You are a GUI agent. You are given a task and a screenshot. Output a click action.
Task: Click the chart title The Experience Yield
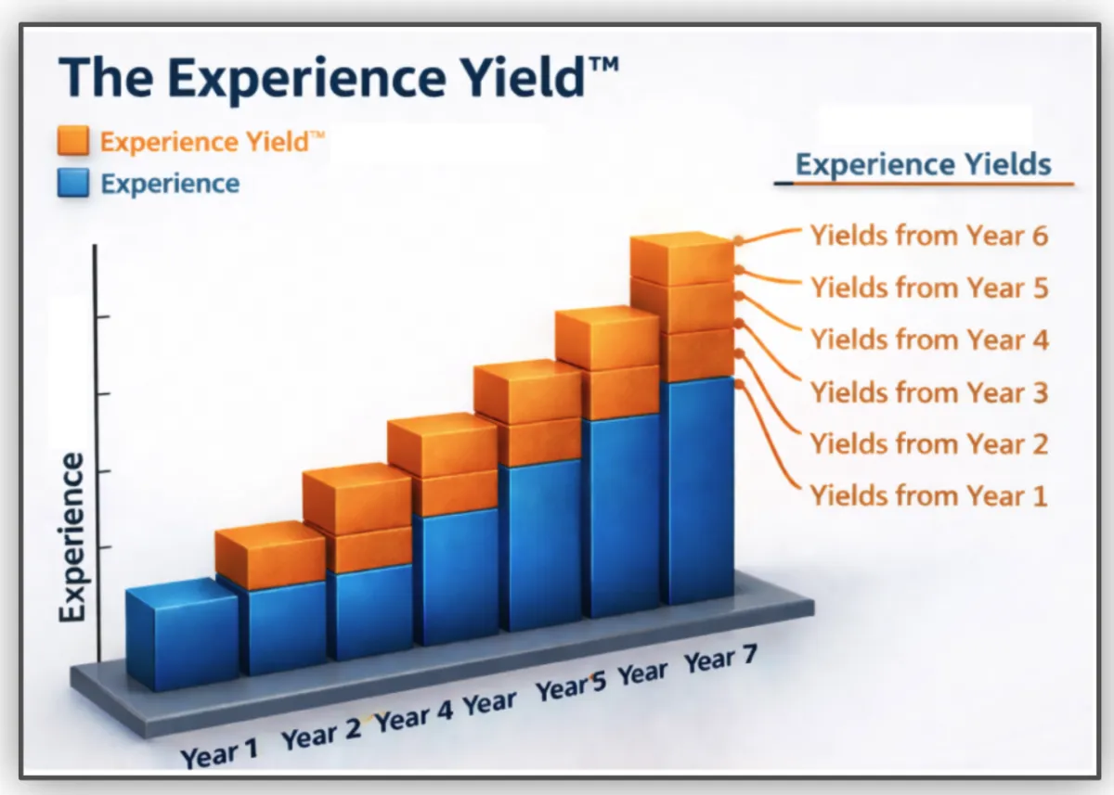(338, 78)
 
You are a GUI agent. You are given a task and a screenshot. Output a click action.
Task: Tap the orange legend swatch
(73, 141)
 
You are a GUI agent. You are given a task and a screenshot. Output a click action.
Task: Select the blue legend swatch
(73, 183)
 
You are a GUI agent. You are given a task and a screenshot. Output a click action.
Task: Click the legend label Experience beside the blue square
(170, 185)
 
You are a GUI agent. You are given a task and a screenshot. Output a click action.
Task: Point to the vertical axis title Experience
(72, 537)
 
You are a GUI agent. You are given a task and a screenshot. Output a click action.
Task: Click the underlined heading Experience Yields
(923, 164)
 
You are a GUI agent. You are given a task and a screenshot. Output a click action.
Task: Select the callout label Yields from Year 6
(929, 235)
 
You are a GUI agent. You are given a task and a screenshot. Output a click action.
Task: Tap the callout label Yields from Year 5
(929, 288)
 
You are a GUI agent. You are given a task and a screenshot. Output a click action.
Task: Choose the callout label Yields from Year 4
(929, 340)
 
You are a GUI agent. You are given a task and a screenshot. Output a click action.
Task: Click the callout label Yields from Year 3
(929, 392)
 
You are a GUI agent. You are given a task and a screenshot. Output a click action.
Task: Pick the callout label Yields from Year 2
(929, 443)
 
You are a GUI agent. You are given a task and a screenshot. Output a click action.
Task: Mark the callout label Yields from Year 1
(929, 496)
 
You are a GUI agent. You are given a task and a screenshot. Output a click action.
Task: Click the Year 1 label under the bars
(219, 752)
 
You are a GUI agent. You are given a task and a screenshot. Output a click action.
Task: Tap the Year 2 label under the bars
(321, 734)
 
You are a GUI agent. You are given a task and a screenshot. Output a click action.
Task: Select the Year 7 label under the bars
(720, 659)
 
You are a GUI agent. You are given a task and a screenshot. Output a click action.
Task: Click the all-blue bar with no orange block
(182, 635)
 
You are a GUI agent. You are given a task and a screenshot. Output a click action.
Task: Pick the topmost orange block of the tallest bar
(681, 259)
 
